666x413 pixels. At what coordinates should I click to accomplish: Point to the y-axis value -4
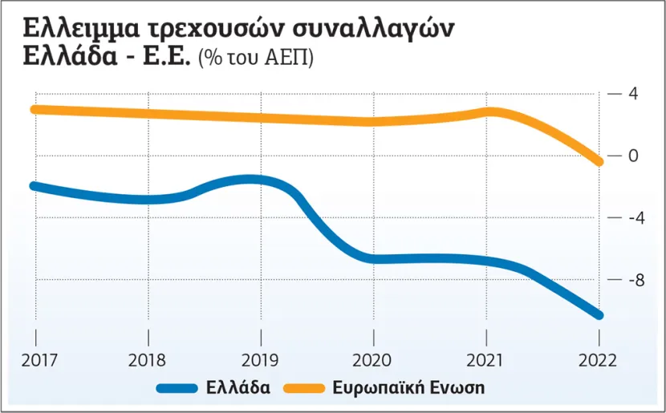(630, 218)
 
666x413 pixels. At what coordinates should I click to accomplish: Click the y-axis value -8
(630, 281)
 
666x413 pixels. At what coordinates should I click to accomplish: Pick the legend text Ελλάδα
(237, 388)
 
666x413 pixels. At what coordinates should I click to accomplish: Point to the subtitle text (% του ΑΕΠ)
(261, 59)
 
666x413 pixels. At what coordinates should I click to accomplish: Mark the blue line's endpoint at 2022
(599, 314)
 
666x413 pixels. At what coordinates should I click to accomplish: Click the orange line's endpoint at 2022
(599, 161)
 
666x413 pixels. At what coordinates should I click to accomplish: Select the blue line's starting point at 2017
(35, 186)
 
